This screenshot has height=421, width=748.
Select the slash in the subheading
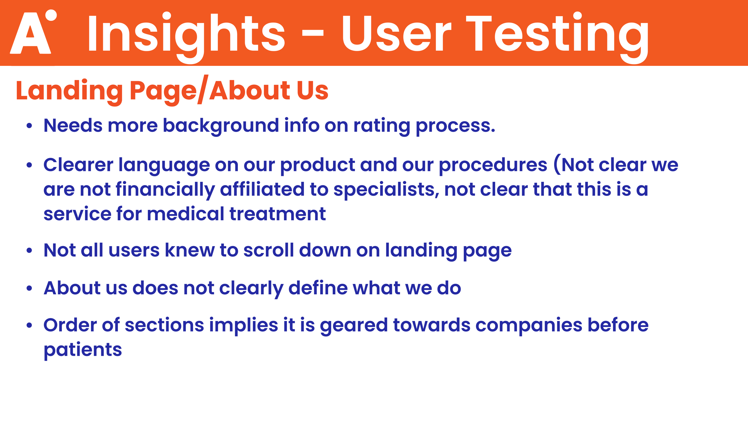pyautogui.click(x=203, y=89)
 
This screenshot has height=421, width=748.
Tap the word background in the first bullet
pyautogui.click(x=221, y=126)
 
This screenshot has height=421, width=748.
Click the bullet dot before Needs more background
pyautogui.click(x=29, y=126)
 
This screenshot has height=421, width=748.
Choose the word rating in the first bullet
pyautogui.click(x=382, y=126)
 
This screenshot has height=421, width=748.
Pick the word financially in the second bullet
pyautogui.click(x=165, y=190)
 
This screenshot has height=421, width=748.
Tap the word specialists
pyautogui.click(x=386, y=190)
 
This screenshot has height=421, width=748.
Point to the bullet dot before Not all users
pyautogui.click(x=29, y=250)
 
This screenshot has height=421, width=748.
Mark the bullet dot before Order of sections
pyautogui.click(x=29, y=325)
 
